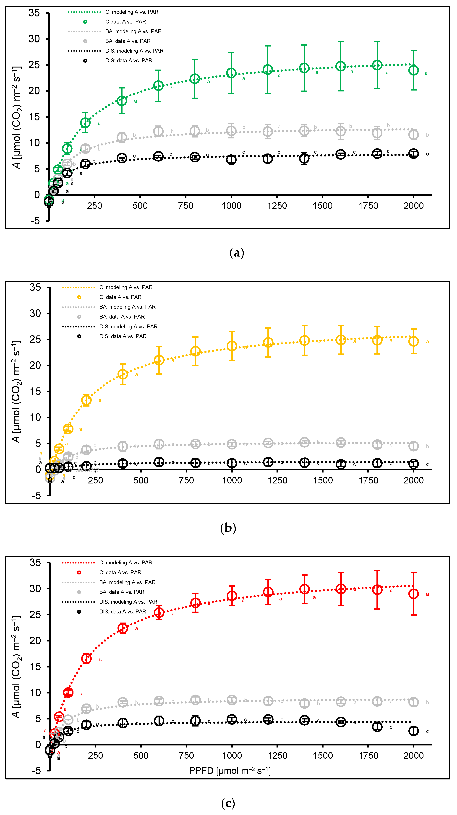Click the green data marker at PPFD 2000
click(413, 70)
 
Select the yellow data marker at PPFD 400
click(123, 374)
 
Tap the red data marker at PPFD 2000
click(413, 594)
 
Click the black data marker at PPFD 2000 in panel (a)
click(413, 154)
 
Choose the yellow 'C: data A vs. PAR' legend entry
click(120, 297)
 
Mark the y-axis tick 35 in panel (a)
click(34, 13)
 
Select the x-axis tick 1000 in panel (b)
click(232, 480)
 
